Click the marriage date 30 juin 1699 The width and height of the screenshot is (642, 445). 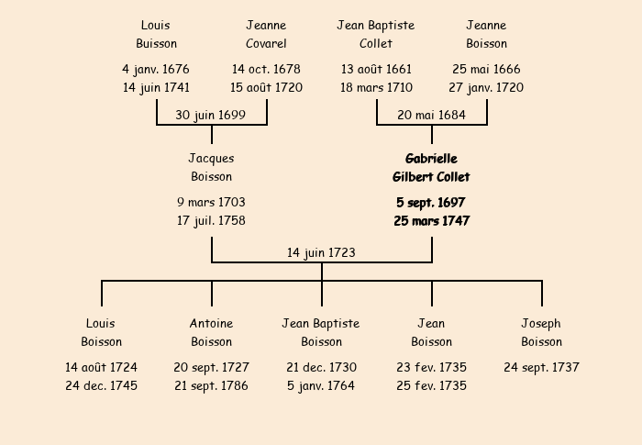210,115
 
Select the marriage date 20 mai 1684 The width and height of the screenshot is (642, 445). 431,115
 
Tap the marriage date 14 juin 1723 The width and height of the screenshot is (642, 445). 321,253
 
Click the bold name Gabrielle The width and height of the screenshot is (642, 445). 431,159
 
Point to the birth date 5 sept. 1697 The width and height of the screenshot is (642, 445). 431,203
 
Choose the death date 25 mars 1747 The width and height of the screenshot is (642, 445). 432,221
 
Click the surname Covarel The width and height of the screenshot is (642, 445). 266,43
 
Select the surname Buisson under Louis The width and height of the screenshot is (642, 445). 157,43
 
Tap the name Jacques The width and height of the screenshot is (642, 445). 211,159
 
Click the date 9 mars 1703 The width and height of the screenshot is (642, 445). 211,202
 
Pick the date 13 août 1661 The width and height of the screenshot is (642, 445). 376,69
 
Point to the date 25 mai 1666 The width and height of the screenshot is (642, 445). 486,69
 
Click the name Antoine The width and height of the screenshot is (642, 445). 211,323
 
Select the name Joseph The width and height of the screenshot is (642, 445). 541,324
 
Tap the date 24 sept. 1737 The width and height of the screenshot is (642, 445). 541,368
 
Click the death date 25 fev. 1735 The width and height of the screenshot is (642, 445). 431,385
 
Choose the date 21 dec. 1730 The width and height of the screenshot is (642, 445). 321,367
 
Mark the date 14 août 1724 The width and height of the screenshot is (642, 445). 101,367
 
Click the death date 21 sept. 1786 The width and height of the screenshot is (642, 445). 211,386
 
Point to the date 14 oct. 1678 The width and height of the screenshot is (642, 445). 266,69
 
